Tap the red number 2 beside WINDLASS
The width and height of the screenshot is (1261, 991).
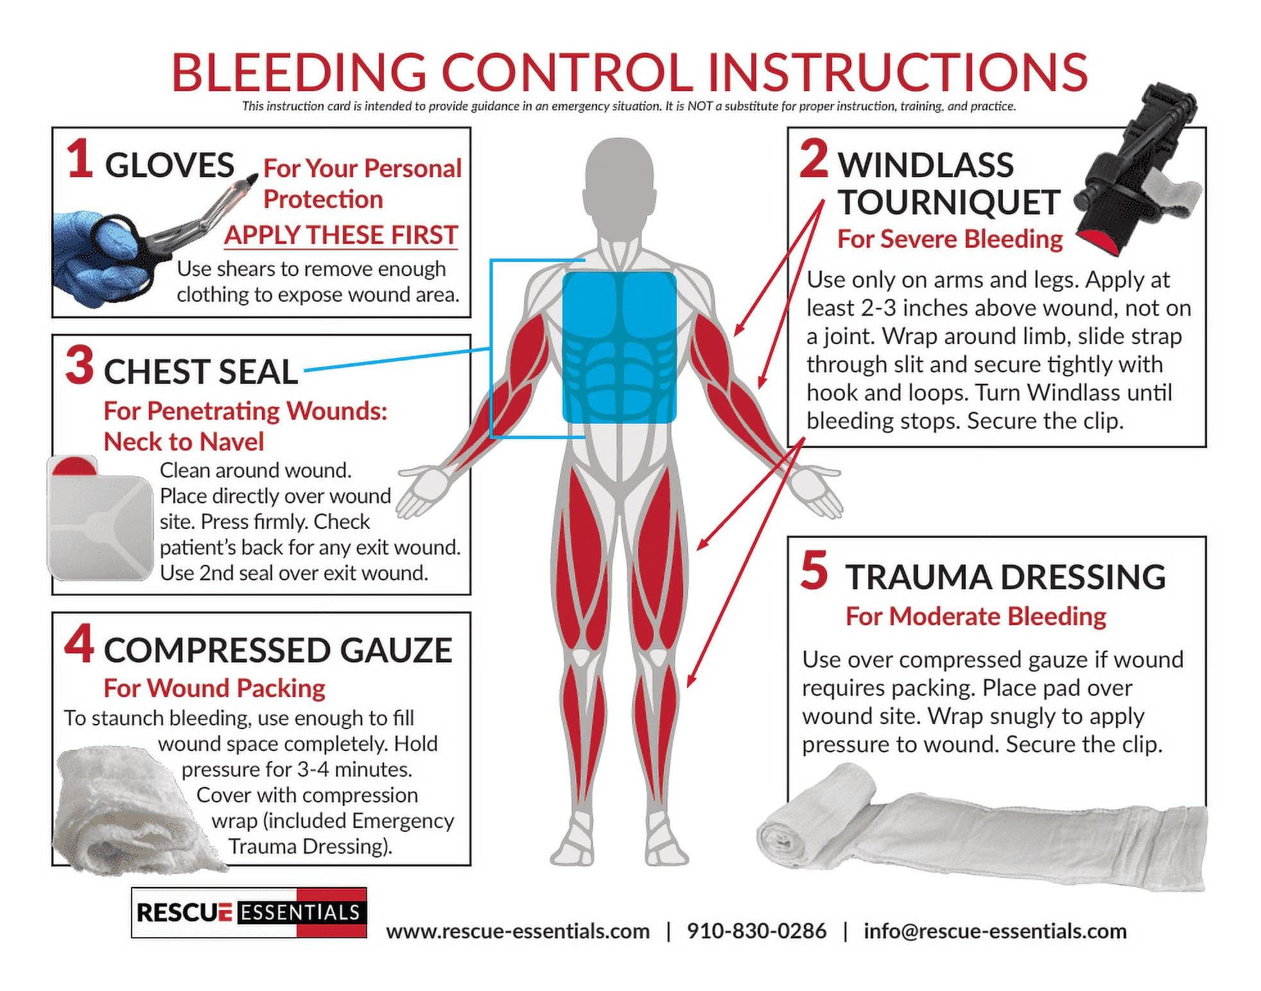814,159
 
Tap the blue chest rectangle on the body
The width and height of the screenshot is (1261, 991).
620,347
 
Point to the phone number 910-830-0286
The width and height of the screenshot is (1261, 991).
756,931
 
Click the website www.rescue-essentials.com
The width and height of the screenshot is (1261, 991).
517,931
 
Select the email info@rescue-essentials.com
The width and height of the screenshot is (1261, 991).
995,931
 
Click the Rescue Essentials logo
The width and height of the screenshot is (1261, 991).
249,913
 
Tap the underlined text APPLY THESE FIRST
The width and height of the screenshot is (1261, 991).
341,235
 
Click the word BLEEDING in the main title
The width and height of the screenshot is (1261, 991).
299,72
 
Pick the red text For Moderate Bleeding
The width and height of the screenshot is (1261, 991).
975,616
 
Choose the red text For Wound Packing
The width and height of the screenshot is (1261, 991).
214,688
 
